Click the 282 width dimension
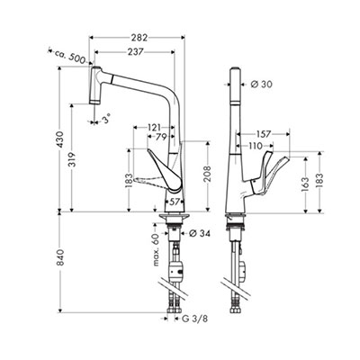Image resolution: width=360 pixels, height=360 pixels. (139, 38)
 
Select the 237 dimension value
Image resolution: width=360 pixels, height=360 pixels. (135, 52)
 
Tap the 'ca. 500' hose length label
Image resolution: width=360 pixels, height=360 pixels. (70, 56)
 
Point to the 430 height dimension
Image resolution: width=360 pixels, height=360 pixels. (60, 139)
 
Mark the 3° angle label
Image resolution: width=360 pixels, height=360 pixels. (106, 120)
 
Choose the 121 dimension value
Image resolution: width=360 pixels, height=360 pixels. (154, 127)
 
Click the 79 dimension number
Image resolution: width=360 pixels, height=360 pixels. (161, 137)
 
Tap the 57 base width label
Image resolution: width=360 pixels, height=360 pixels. (175, 202)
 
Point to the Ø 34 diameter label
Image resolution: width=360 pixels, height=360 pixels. (200, 233)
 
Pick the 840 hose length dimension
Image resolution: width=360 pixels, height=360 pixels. (60, 257)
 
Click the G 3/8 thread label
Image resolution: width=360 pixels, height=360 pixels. (194, 319)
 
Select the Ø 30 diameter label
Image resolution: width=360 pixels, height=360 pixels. (261, 85)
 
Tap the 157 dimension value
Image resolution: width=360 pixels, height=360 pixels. (264, 134)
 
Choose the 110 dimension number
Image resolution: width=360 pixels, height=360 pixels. (256, 146)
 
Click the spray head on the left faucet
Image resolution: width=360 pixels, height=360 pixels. (95, 85)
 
